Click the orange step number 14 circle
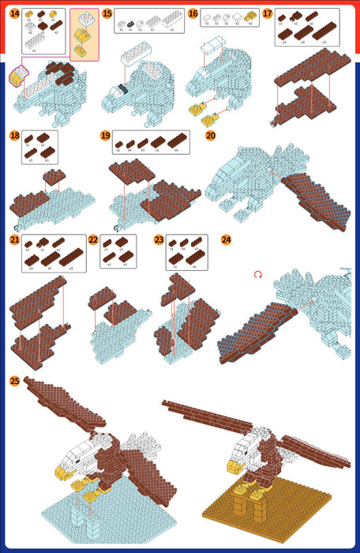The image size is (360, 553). coord(15,14)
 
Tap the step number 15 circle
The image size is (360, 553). coord(107,14)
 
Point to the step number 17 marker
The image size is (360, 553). coord(268,14)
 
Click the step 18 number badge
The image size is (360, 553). coord(15,136)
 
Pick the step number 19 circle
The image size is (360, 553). coord(105,136)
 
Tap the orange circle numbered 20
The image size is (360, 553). coord(210,136)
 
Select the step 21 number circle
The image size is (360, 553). coord(15,239)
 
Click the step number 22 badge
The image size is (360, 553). coord(93,239)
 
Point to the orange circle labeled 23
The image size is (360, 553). coord(159,239)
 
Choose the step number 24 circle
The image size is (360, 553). coord(227,239)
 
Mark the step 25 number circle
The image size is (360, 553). coord(15,381)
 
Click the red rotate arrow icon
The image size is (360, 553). coord(257,275)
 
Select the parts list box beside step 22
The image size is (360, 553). coord(118,252)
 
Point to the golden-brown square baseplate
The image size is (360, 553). coord(276,513)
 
